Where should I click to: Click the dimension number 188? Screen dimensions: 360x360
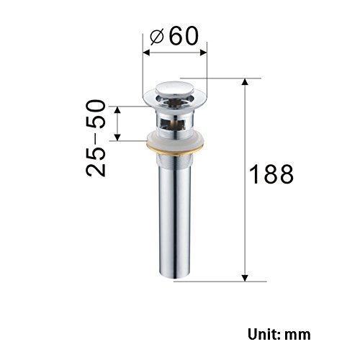point(271,174)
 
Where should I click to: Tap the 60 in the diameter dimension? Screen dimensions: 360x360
point(184,36)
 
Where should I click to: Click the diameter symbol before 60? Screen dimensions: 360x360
point(157,37)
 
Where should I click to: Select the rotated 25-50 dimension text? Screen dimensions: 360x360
point(96,138)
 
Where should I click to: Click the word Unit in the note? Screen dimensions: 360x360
point(262,334)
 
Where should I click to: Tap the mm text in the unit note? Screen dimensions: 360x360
point(297,336)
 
